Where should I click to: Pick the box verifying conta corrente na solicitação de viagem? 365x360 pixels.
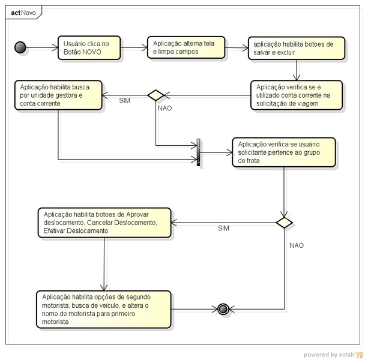tap(297, 95)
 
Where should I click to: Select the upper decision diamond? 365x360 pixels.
tap(156, 95)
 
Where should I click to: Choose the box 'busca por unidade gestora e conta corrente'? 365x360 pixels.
tap(58, 95)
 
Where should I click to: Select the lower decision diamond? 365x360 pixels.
tap(283, 222)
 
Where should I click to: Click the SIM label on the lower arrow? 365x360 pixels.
tap(223, 229)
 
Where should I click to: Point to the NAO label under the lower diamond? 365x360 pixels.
tap(297, 245)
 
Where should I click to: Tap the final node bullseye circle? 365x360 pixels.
tap(223, 310)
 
